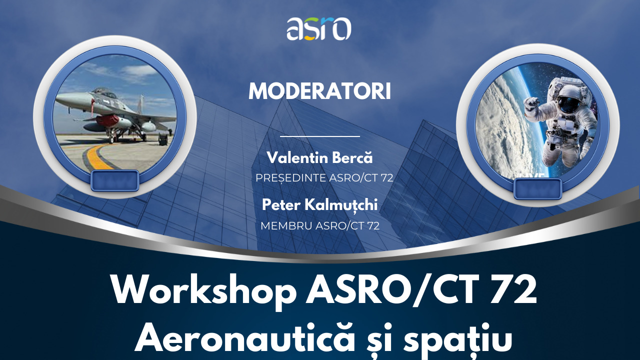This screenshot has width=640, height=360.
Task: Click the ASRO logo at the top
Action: tap(319, 28)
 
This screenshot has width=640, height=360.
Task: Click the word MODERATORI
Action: tap(319, 91)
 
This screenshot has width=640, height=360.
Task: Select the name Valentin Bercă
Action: tap(319, 157)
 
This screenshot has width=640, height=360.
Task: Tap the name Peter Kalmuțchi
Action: tap(319, 205)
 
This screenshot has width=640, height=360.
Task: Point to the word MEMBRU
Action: tap(286, 225)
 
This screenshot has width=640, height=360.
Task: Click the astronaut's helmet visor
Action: tap(567, 104)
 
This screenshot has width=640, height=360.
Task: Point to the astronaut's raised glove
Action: tap(531, 104)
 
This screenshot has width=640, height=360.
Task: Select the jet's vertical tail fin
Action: tap(140, 104)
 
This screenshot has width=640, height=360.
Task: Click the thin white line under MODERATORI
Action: tap(319, 136)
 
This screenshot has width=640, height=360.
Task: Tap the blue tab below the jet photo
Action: tap(115, 180)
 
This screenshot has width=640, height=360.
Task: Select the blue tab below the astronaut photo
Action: tap(537, 189)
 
